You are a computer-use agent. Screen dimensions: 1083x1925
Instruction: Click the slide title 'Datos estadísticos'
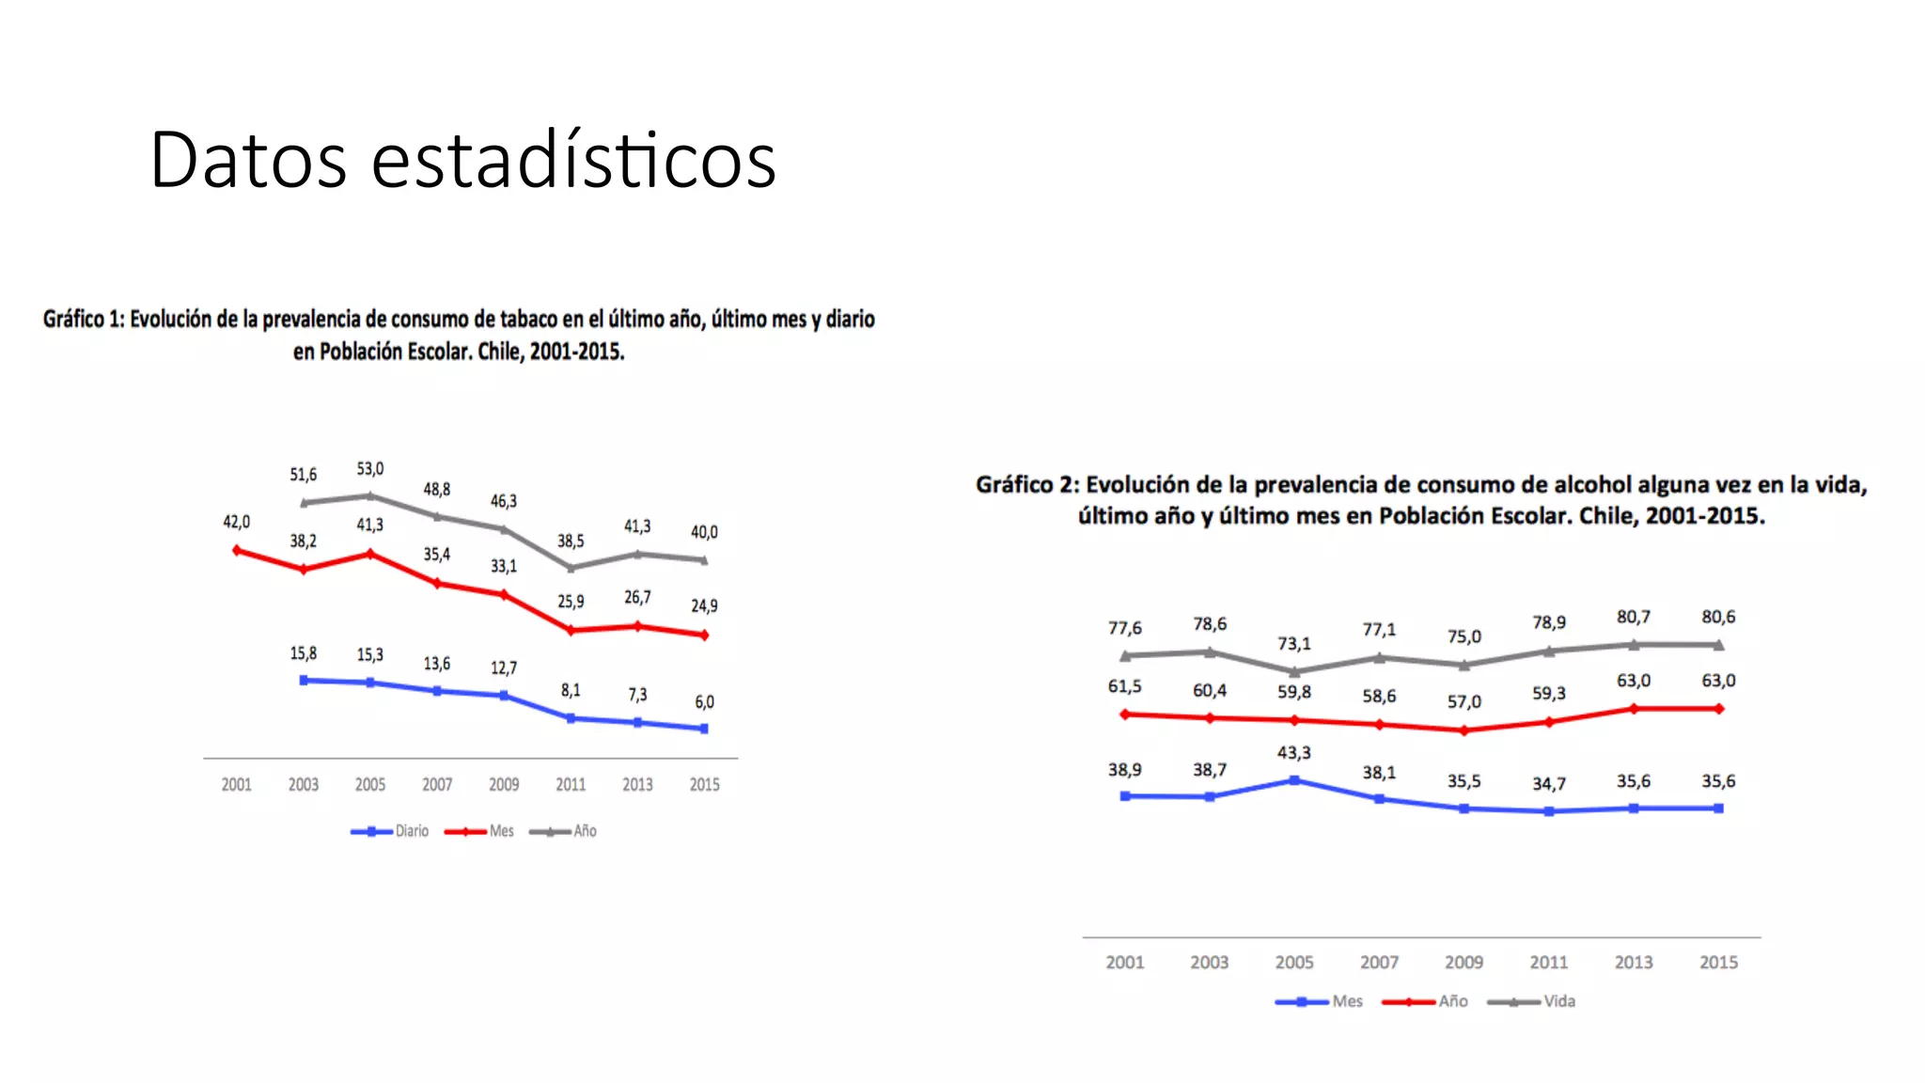[462, 160]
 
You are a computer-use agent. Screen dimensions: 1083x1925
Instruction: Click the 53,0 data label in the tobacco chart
[370, 468]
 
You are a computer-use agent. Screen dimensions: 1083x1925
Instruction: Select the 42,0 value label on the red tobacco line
[236, 522]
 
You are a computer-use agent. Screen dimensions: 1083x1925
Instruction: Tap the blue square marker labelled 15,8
[304, 680]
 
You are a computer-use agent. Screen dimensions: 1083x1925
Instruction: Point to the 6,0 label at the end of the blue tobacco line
[704, 702]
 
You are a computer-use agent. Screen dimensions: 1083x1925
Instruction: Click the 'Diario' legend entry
[411, 831]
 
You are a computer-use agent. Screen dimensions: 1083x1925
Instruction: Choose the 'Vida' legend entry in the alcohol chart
[1558, 1001]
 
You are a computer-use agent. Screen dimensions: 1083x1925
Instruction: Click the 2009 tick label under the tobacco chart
[504, 784]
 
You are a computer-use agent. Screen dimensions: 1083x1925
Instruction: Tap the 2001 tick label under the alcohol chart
[1125, 962]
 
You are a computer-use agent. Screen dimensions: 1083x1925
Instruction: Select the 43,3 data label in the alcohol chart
[1294, 753]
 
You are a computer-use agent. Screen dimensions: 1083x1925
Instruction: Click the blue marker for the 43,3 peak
[1294, 780]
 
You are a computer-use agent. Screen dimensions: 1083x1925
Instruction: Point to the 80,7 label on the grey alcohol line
[1634, 617]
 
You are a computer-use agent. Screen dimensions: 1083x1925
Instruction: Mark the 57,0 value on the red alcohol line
[1463, 702]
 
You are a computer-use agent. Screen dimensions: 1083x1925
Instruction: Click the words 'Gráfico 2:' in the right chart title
[1027, 485]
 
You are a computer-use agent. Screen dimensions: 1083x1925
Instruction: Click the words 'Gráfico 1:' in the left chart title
[84, 320]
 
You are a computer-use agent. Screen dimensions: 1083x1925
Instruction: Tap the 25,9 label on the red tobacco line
[571, 602]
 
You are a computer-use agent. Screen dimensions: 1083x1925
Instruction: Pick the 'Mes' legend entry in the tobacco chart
[501, 831]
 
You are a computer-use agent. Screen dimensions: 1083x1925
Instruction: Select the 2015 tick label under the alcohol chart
[1718, 962]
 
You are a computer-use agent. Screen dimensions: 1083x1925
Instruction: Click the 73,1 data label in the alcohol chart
[1294, 644]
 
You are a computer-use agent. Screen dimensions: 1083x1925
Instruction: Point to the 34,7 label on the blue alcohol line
[1549, 784]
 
